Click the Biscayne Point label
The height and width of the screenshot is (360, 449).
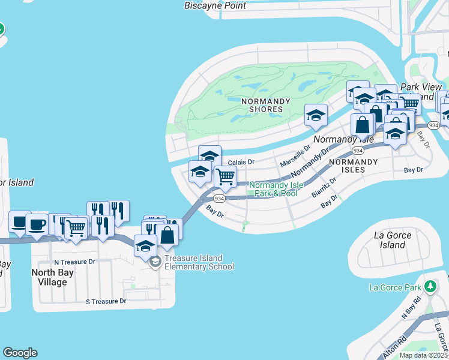[214, 6]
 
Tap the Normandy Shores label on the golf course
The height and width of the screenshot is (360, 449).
[262, 106]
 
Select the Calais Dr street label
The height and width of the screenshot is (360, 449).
[241, 162]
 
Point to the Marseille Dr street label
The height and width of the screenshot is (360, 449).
[295, 157]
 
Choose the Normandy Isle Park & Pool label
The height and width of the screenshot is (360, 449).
[273, 190]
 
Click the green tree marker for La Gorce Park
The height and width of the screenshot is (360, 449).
[429, 286]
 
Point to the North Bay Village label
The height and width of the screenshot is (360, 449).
[58, 277]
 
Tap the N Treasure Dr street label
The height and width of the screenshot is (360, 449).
[74, 262]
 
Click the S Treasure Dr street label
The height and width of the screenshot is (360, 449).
[106, 301]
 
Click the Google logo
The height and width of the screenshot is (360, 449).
[20, 353]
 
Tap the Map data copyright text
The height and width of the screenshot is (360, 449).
[424, 355]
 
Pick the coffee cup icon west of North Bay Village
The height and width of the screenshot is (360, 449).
[37, 225]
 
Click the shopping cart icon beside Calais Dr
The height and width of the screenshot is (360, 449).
[225, 176]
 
